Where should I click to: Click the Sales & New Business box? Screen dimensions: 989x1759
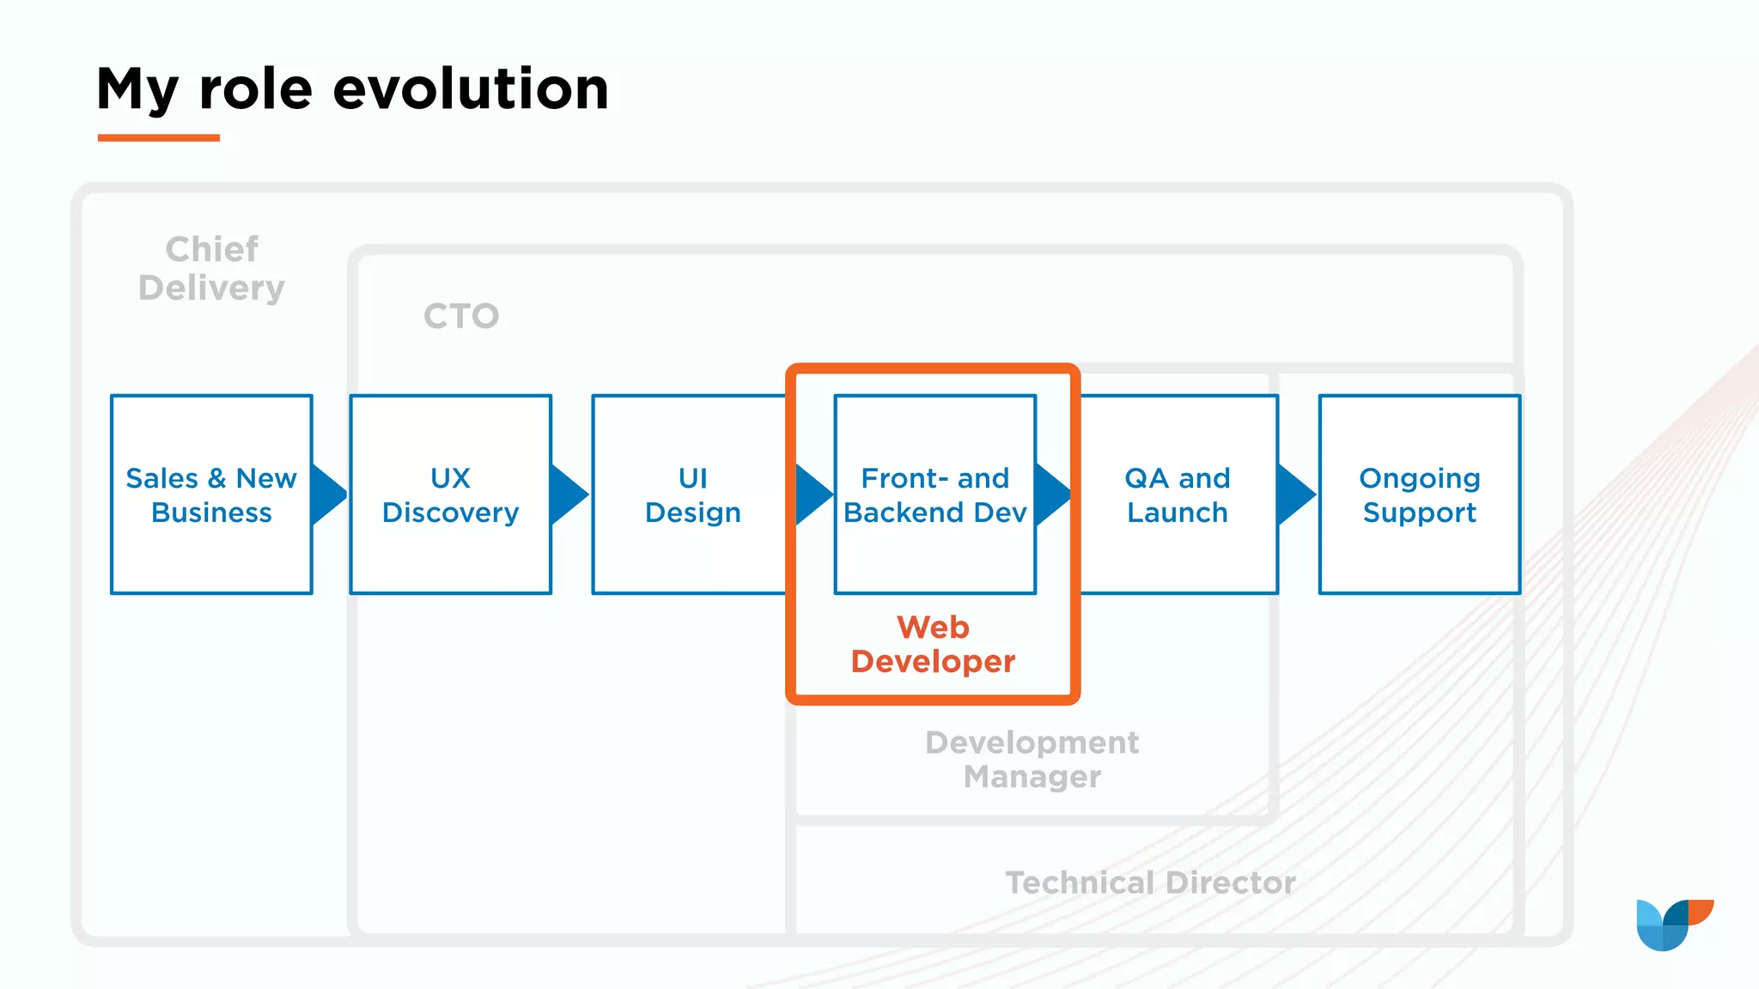click(x=211, y=494)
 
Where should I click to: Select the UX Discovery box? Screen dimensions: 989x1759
click(x=450, y=494)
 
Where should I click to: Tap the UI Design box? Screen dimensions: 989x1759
click(x=691, y=494)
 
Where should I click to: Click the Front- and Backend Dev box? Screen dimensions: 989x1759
click(x=934, y=494)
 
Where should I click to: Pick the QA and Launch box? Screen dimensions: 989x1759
click(x=1178, y=494)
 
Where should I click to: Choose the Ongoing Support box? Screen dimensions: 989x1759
click(x=1419, y=494)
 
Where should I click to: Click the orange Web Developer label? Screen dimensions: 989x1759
click(x=933, y=645)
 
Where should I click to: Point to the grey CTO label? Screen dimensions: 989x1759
click(x=461, y=316)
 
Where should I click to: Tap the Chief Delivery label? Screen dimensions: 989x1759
click(x=211, y=269)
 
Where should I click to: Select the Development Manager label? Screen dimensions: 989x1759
click(x=1032, y=759)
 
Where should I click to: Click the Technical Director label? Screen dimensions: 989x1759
click(x=1150, y=883)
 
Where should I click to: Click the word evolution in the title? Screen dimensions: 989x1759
click(x=471, y=89)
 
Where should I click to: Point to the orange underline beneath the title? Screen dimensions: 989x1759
click(x=159, y=137)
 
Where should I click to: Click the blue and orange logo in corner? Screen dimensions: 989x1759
click(x=1674, y=925)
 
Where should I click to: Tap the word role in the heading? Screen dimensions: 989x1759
click(x=255, y=89)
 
